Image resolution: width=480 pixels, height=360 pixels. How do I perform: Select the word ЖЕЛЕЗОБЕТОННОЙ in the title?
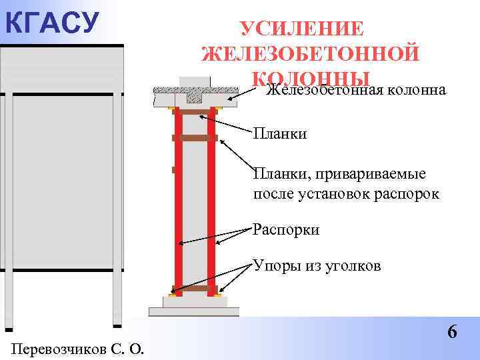coord(310,53)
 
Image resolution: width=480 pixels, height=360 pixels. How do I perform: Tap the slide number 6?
coord(452,331)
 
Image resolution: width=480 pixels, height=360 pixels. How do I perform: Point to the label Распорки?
coord(286,230)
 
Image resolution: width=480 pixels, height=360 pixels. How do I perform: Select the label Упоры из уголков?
coord(317,267)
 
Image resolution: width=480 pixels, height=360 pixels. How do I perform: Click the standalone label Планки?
coord(279,135)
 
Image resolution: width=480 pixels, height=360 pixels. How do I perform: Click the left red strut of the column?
coord(178,200)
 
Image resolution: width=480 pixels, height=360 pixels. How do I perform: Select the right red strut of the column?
coord(211,200)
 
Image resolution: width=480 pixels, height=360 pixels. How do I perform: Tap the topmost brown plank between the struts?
coord(195,112)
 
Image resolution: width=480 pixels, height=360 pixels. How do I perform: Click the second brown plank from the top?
coord(195,138)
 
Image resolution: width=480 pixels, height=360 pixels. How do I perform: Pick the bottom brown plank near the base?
coord(195,289)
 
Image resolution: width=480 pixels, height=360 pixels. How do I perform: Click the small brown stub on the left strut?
coord(173,170)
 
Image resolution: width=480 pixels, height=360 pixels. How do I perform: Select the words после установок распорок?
coord(346,195)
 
